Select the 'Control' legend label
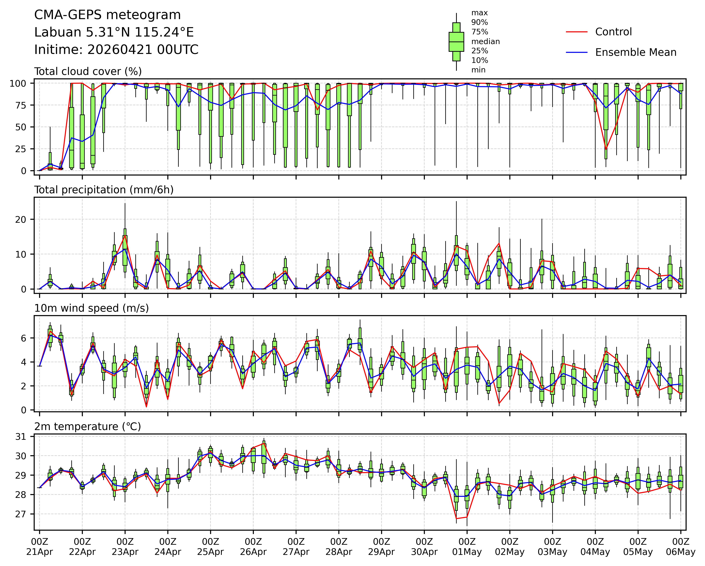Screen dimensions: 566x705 click(x=613, y=32)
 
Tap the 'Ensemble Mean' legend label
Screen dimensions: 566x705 click(x=636, y=53)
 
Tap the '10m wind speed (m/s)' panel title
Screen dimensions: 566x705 click(x=92, y=308)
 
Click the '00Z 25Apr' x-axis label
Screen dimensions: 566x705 click(x=210, y=547)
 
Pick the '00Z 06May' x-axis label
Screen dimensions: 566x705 click(x=681, y=547)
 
